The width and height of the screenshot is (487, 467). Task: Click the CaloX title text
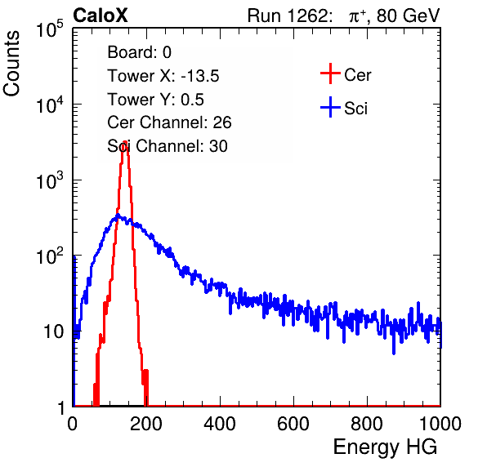101,16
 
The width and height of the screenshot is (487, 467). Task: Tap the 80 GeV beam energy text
408,16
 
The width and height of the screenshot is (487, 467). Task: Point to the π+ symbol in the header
357,16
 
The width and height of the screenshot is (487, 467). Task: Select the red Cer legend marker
330,73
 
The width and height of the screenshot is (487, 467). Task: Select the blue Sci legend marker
330,107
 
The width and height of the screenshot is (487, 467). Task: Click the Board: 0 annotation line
139,52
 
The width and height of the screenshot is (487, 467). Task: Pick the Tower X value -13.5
200,76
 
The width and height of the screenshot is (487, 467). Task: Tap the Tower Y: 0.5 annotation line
155,100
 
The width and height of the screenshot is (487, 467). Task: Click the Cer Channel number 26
222,122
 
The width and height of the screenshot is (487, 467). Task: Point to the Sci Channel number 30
218,146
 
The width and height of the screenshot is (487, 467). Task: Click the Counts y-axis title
11,64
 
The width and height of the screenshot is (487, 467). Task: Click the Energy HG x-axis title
385,447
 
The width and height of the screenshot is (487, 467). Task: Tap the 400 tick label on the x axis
220,424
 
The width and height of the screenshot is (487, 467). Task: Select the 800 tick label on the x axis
367,424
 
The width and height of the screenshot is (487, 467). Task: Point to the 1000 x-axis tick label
440,424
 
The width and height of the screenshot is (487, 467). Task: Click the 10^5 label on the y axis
50,29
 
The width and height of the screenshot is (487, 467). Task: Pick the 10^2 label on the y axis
50,256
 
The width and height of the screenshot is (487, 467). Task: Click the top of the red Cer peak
124,141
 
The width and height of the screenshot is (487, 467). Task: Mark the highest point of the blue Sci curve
118,215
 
